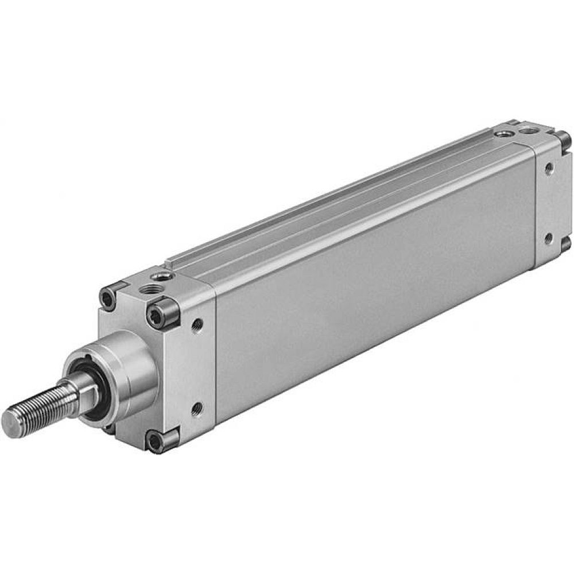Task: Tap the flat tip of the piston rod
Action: tap(10, 421)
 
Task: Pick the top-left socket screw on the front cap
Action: tap(107, 297)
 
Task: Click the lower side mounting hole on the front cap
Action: tap(197, 409)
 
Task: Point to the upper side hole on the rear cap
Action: tap(549, 168)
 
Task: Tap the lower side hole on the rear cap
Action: tap(548, 236)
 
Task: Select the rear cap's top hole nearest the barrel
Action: tap(504, 134)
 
